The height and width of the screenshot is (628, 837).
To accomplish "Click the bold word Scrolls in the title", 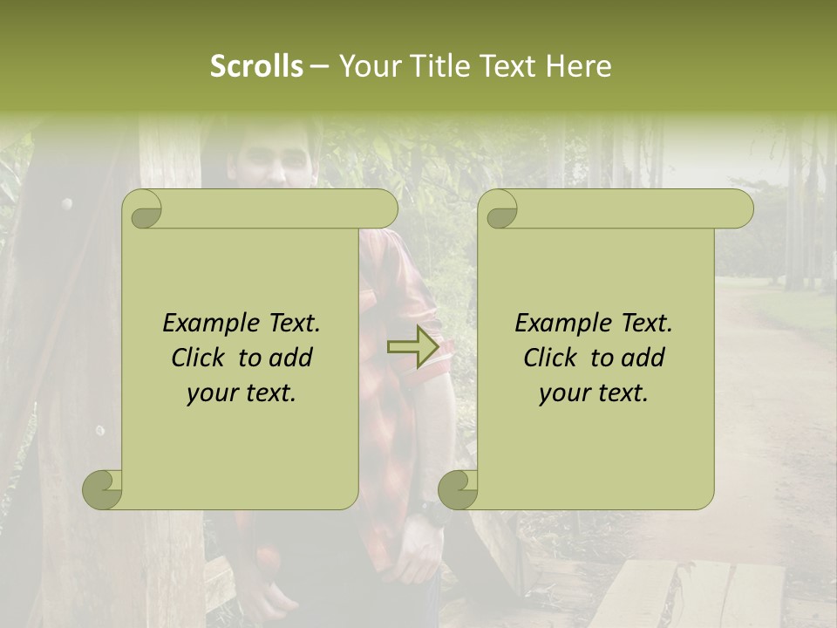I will [257, 66].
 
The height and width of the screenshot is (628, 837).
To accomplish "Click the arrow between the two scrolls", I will [413, 346].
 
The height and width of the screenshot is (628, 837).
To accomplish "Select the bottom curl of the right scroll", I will [459, 490].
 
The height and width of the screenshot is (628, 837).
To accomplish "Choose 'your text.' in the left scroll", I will [242, 393].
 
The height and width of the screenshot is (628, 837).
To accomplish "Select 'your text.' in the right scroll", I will [594, 393].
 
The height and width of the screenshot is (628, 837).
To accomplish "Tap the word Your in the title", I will [366, 66].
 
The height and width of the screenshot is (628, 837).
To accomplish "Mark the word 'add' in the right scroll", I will [642, 358].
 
